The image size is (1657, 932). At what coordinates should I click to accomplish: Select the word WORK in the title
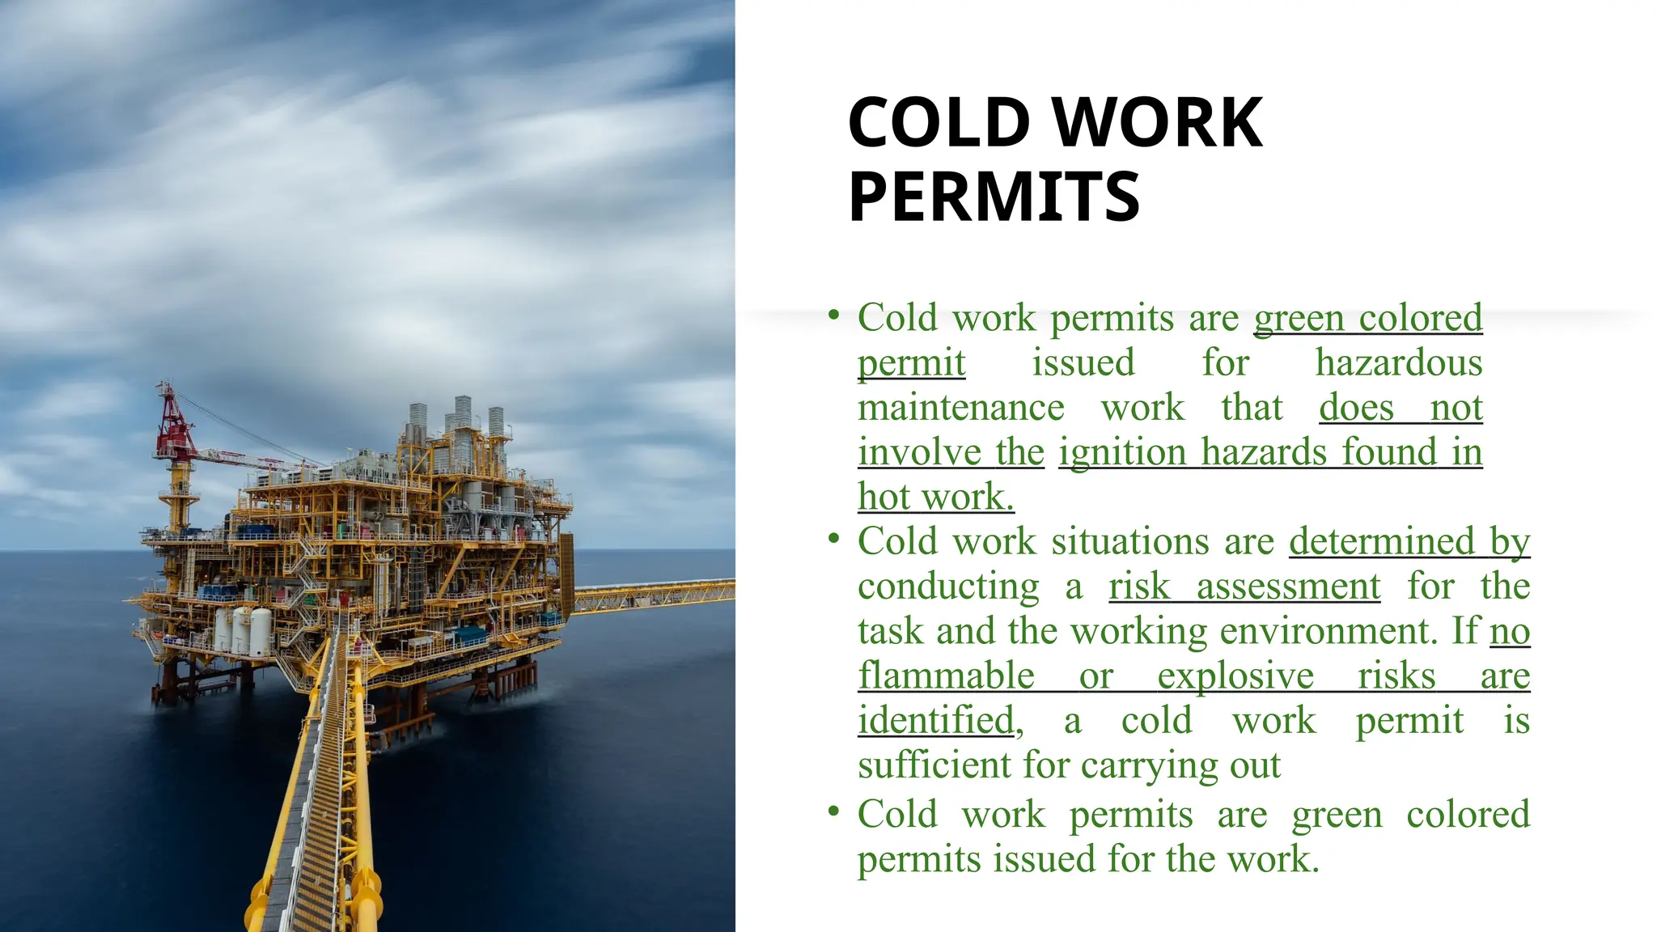click(1159, 123)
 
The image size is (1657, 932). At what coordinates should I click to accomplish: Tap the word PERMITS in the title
click(994, 197)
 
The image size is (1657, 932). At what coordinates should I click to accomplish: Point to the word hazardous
click(1398, 362)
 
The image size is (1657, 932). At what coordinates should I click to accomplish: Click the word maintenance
click(960, 408)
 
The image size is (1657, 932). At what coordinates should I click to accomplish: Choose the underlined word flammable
click(946, 676)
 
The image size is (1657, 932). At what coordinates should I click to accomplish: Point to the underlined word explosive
click(1235, 676)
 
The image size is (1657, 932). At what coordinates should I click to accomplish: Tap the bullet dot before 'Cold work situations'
click(834, 538)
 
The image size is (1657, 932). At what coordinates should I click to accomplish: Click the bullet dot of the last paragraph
click(834, 811)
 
